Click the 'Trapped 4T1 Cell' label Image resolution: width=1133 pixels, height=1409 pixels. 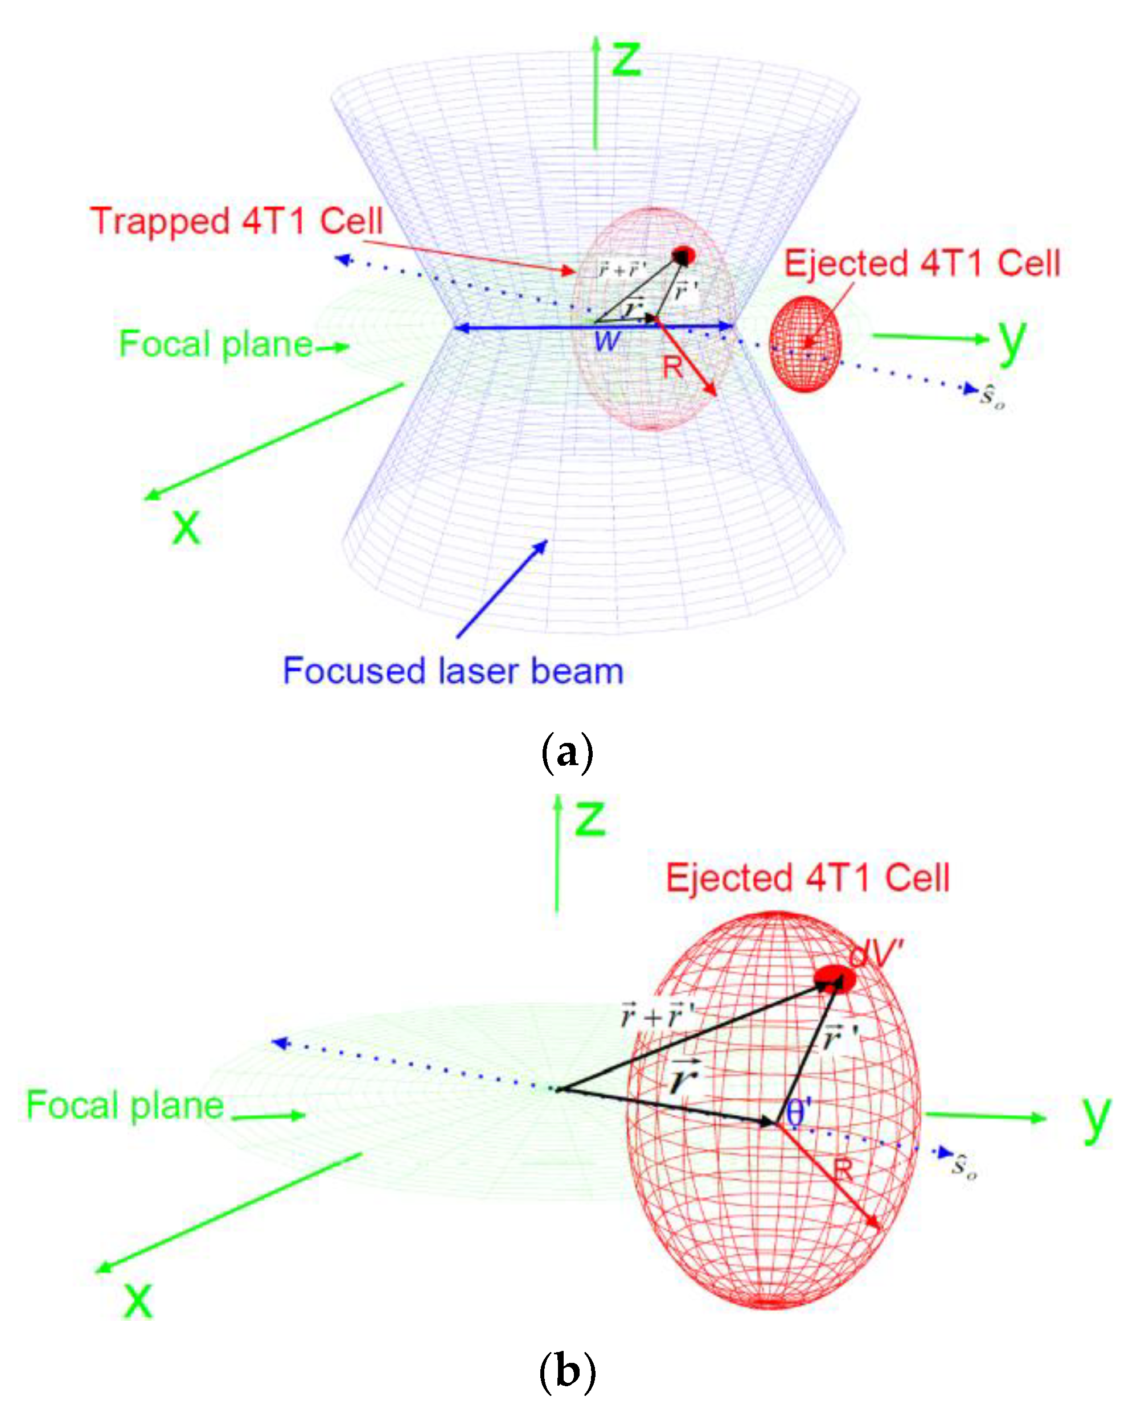click(236, 221)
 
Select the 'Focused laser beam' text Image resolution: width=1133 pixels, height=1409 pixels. click(453, 671)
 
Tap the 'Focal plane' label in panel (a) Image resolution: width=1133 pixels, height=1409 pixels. click(216, 344)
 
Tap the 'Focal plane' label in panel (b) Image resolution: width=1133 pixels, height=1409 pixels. click(125, 1105)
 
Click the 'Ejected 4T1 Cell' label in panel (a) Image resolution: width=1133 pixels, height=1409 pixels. click(922, 264)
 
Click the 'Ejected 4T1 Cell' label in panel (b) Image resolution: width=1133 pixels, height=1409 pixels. click(807, 878)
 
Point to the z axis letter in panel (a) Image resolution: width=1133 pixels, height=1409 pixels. click(625, 58)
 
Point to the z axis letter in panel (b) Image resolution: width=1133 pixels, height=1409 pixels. click(590, 818)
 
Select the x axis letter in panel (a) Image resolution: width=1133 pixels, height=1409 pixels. click(186, 527)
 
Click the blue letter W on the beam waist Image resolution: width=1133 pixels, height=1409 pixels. click(607, 341)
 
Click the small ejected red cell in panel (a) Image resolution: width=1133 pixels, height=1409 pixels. click(805, 344)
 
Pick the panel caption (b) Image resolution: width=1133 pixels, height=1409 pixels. click(567, 1371)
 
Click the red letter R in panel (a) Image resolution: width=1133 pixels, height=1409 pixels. click(673, 368)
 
